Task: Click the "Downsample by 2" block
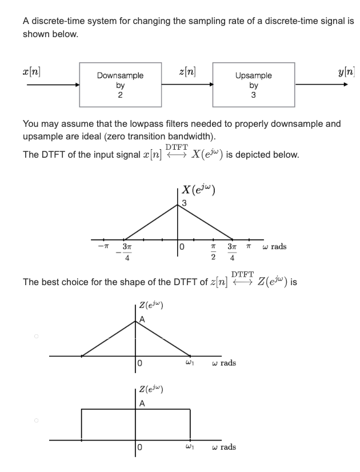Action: click(x=119, y=85)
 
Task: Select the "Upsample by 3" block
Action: click(x=253, y=85)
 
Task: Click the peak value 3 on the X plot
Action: click(x=184, y=203)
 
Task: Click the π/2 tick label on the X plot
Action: click(x=213, y=252)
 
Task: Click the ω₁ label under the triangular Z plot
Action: click(x=190, y=363)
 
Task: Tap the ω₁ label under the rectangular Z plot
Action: click(x=190, y=447)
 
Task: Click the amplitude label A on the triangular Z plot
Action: click(x=142, y=321)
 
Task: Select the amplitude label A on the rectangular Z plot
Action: click(x=142, y=404)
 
